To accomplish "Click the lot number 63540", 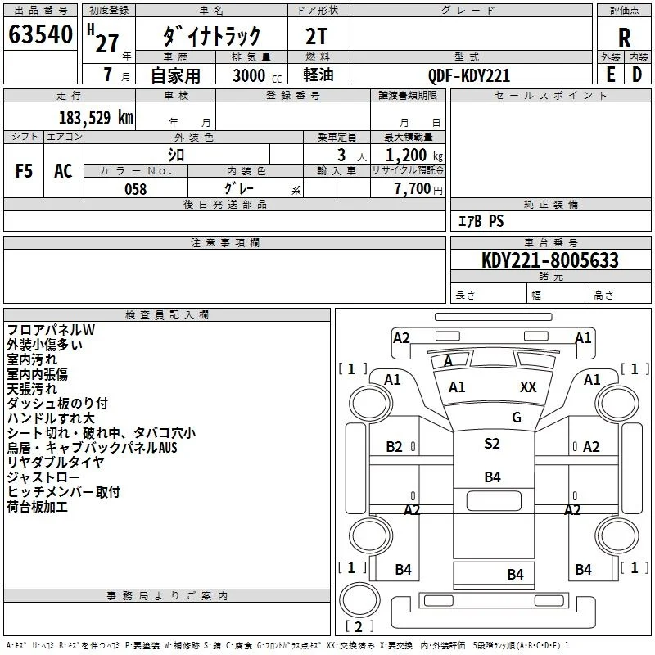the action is [x=40, y=34].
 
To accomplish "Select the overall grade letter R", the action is [x=624, y=38].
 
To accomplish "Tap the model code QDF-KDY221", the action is [x=469, y=75].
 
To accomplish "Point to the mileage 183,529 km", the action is [x=96, y=118].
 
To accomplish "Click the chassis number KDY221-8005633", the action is [x=549, y=260].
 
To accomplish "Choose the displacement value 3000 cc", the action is [x=257, y=75].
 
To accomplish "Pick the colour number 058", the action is [x=136, y=189].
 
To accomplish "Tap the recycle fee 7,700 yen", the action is [x=418, y=189].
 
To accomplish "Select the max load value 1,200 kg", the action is [x=414, y=156].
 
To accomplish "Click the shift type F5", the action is [x=24, y=171].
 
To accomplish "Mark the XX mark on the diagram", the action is [x=528, y=386].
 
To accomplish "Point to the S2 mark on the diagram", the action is [x=492, y=443].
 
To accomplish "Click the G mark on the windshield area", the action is [x=517, y=417].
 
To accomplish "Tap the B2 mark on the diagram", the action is [x=394, y=447].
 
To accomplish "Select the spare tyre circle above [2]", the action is [x=359, y=599].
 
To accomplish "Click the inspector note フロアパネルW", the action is [x=51, y=330].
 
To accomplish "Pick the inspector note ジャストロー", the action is [x=43, y=477].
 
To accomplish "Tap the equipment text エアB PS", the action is [x=481, y=220].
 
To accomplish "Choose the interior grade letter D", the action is [x=637, y=75].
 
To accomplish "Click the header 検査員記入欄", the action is [x=167, y=315].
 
